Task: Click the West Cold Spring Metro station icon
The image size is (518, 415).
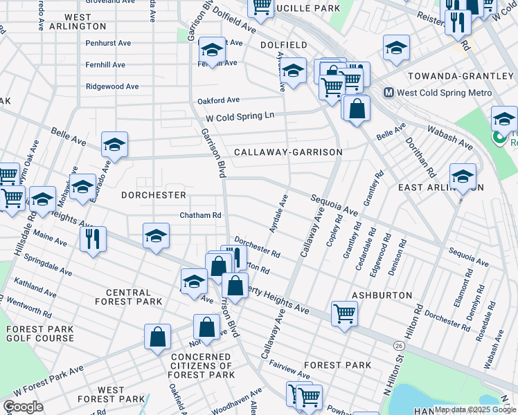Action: pyautogui.click(x=388, y=93)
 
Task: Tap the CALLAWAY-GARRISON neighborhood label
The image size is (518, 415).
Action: pyautogui.click(x=288, y=152)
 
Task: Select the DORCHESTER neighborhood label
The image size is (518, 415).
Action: pyautogui.click(x=154, y=195)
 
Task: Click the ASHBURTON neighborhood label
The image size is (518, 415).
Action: pyautogui.click(x=377, y=295)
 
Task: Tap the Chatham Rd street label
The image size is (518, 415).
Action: pyautogui.click(x=200, y=215)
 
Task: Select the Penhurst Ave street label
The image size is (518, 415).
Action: pyautogui.click(x=108, y=43)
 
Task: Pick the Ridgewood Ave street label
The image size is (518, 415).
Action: pyautogui.click(x=112, y=86)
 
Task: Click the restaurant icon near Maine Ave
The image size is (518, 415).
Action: pyautogui.click(x=93, y=239)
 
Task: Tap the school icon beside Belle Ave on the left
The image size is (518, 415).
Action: pyautogui.click(x=114, y=145)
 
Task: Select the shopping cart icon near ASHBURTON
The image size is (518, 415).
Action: pyautogui.click(x=344, y=313)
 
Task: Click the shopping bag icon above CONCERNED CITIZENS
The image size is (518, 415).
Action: pyautogui.click(x=206, y=327)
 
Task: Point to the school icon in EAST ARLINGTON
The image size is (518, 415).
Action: pyautogui.click(x=463, y=176)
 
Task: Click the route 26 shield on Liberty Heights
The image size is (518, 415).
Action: pyautogui.click(x=397, y=345)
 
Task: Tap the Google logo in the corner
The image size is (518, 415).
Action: pyautogui.click(x=23, y=407)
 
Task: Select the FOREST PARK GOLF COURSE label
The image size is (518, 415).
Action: pyautogui.click(x=39, y=333)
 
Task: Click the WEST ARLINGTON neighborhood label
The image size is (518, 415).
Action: pyautogui.click(x=76, y=21)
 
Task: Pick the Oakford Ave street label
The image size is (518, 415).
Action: pyautogui.click(x=218, y=100)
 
